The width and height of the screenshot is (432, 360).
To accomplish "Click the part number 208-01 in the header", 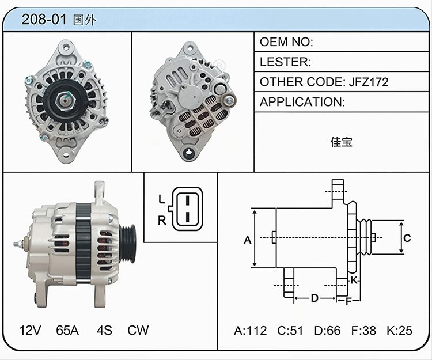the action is pyautogui.click(x=44, y=19).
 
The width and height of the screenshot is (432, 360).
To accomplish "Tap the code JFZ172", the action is pyautogui.click(x=369, y=82).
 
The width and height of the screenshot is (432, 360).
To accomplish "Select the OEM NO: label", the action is pyautogui.click(x=286, y=42).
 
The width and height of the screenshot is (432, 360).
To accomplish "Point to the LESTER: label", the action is pyautogui.click(x=285, y=62).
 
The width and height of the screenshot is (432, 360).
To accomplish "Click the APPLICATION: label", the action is pyautogui.click(x=302, y=102).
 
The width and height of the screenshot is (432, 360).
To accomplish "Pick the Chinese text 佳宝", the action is pyautogui.click(x=341, y=142).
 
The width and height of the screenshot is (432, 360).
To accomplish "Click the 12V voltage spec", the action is pyautogui.click(x=31, y=330).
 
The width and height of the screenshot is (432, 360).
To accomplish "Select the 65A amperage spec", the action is pyautogui.click(x=67, y=330).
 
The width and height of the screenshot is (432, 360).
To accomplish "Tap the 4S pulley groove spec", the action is pyautogui.click(x=104, y=330).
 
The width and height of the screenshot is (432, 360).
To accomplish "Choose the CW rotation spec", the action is pyautogui.click(x=138, y=330).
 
